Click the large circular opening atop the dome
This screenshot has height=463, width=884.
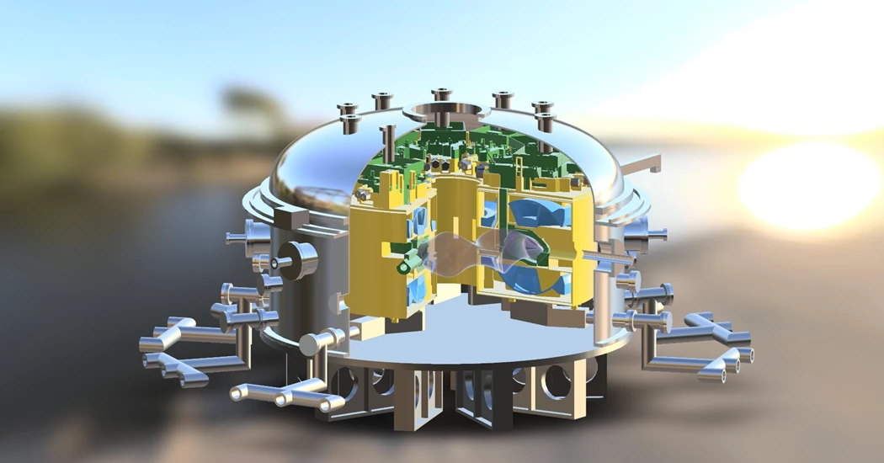coord(441,113)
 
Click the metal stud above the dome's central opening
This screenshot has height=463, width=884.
coord(440,93)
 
